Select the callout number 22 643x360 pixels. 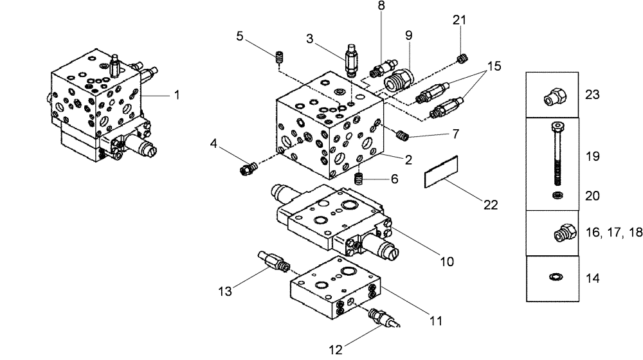click(x=490, y=204)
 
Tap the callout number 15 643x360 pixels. click(x=494, y=66)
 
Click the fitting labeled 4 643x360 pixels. click(x=247, y=169)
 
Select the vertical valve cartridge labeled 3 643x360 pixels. click(x=352, y=61)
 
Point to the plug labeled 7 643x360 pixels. click(x=403, y=135)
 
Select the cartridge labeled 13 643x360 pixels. click(x=273, y=262)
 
